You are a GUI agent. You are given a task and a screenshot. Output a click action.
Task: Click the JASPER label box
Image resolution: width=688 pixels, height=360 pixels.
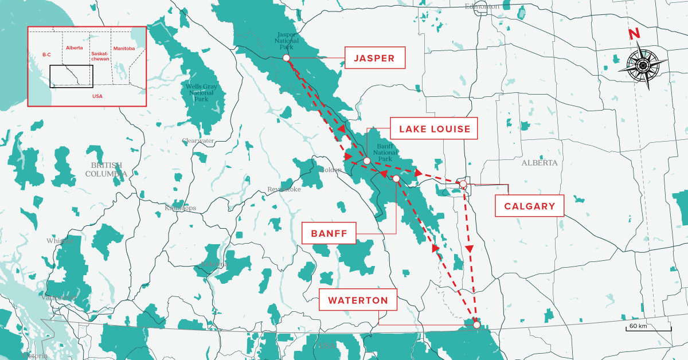pos(374,58)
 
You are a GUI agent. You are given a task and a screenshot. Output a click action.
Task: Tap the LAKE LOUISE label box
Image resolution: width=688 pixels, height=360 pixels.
pos(433,129)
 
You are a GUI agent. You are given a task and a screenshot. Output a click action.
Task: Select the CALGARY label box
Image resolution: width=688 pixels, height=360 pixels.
pos(529,206)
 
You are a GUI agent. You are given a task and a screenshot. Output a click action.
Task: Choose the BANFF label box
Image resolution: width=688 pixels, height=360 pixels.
pos(329,233)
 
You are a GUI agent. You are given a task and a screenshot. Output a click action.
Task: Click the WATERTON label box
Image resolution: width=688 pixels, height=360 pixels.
pos(358,300)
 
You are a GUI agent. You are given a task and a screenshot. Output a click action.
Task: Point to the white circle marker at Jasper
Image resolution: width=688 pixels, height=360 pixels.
pos(286,58)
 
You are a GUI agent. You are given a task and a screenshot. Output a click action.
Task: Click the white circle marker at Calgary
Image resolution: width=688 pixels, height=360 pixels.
pos(463,183)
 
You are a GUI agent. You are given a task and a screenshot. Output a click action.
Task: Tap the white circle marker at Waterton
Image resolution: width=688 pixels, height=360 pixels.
pos(476,325)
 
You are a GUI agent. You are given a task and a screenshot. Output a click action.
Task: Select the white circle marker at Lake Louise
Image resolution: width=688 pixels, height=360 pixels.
pos(366,161)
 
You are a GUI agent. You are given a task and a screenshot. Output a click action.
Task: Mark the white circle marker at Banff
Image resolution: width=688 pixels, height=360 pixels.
pos(396,179)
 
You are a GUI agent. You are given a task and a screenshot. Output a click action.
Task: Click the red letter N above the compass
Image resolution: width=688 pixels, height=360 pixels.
pos(634,34)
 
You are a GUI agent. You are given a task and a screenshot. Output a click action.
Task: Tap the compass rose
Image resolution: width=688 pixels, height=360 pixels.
pos(643,65)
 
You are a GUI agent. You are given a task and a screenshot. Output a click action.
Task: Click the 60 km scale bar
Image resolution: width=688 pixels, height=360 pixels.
pos(648,328)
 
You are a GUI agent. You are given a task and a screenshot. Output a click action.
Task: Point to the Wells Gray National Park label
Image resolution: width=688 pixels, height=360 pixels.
pos(201,92)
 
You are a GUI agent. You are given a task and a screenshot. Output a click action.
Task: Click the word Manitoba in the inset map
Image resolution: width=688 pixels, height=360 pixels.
pos(124,49)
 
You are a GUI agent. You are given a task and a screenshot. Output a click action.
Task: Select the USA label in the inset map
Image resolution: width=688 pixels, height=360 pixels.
pos(97,96)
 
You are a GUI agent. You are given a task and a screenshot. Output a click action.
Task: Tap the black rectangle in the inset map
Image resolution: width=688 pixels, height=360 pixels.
pos(71,76)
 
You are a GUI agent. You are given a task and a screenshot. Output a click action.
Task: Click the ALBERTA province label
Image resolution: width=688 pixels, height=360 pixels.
pos(539,163)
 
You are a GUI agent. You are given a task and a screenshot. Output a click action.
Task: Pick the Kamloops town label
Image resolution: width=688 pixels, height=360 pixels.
pos(179,208)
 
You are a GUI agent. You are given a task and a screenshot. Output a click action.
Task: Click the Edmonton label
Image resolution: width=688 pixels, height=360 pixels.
pos(482,6)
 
